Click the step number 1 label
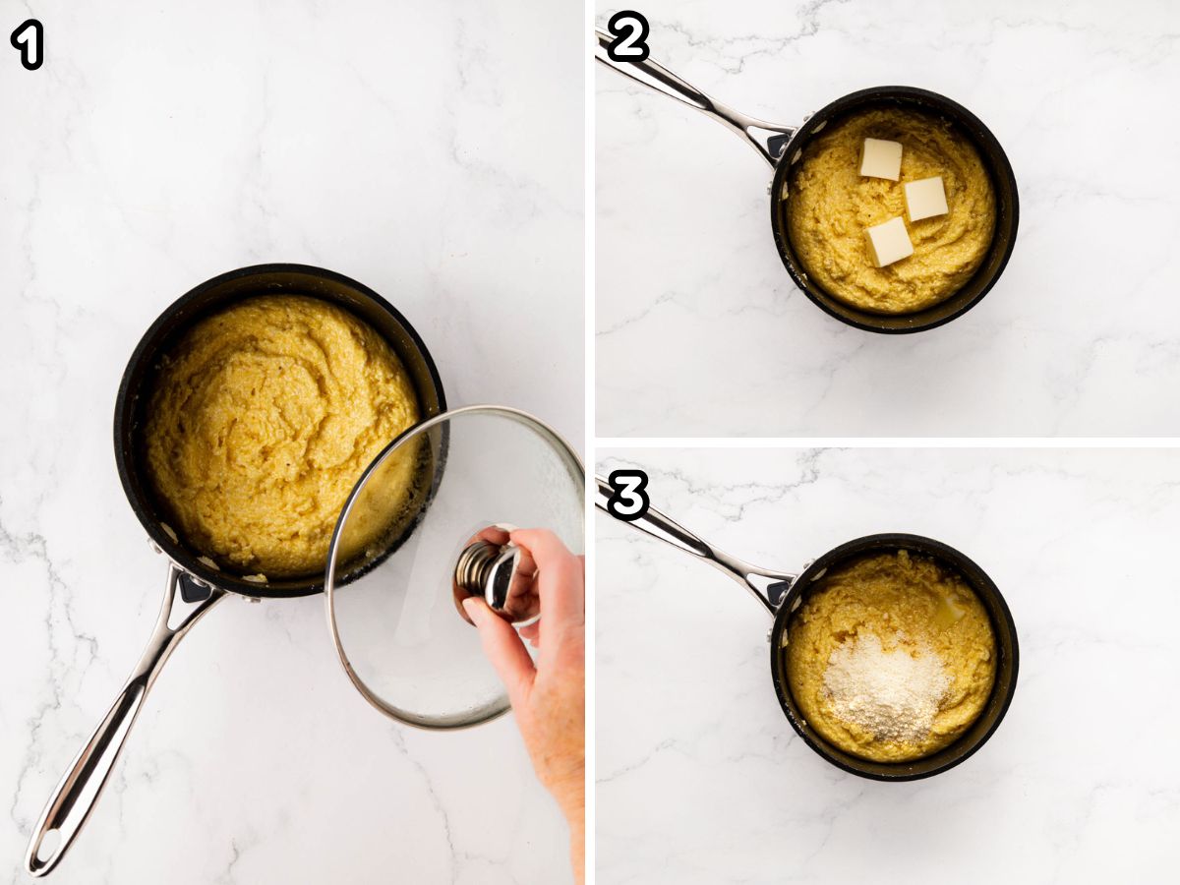(x=27, y=45)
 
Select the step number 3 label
(x=628, y=495)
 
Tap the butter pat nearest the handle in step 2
(x=880, y=158)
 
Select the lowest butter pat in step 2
(x=889, y=242)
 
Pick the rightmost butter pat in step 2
(x=925, y=199)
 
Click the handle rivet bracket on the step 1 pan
(x=192, y=587)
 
